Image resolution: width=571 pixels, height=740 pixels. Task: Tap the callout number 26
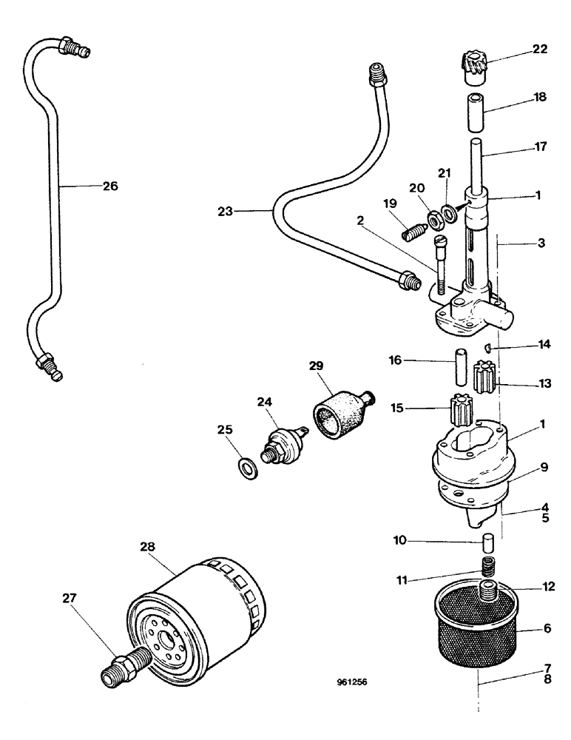(109, 186)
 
